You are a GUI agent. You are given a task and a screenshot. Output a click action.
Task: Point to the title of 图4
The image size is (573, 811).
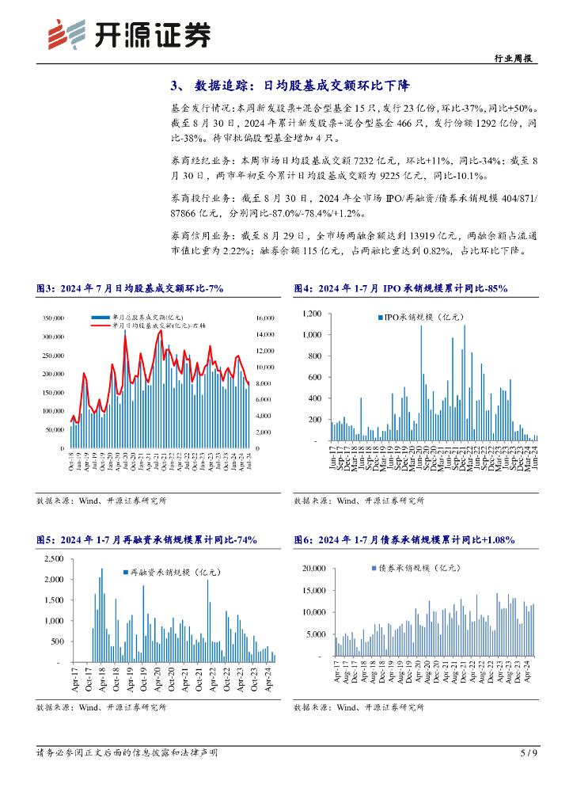(400, 289)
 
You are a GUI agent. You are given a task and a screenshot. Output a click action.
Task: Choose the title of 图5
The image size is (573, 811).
(146, 540)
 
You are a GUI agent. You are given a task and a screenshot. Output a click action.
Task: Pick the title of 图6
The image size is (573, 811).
(404, 540)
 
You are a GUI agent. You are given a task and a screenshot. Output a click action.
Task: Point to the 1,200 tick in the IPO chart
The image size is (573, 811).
(311, 314)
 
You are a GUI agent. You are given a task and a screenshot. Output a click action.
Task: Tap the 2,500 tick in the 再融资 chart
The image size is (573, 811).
(53, 559)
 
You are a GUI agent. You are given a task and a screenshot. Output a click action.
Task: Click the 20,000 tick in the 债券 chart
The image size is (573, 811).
(315, 569)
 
